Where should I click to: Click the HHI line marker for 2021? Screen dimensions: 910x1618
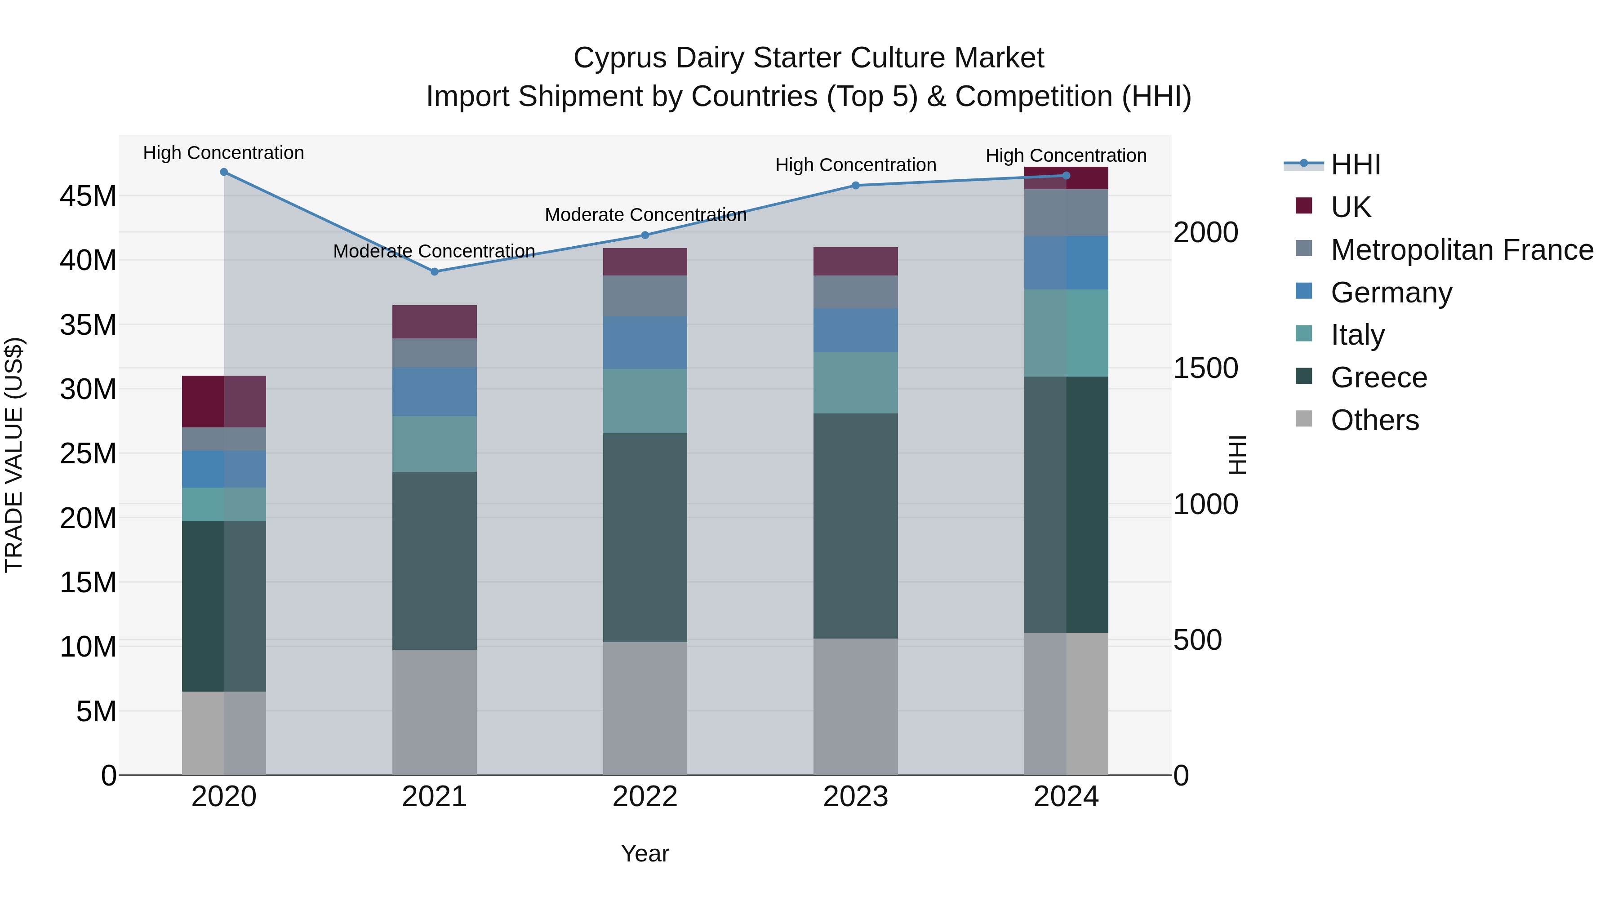click(x=434, y=272)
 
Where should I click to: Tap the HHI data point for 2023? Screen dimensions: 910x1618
click(x=855, y=185)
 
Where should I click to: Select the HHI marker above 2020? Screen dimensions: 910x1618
click(x=224, y=172)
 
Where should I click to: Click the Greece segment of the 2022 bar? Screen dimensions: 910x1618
click(x=645, y=537)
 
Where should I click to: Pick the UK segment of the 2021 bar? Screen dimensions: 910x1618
click(x=434, y=322)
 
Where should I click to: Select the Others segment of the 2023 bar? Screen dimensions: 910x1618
click(x=855, y=706)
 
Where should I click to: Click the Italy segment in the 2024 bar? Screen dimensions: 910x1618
click(x=1066, y=333)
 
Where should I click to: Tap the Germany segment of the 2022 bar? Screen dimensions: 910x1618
click(x=645, y=342)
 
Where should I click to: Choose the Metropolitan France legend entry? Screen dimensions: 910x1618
click(x=1462, y=250)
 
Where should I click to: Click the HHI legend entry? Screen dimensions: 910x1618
click(x=1356, y=164)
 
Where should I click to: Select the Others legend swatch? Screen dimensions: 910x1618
click(x=1304, y=419)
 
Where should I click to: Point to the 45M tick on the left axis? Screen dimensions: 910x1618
click(x=88, y=196)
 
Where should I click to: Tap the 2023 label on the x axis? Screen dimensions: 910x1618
click(x=855, y=797)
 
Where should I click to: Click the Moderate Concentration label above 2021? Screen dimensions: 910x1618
click(x=434, y=251)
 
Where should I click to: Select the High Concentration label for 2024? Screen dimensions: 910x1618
click(x=1066, y=155)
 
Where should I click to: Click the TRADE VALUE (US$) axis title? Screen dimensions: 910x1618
click(x=14, y=455)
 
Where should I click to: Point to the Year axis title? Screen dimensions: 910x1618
click(x=645, y=853)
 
